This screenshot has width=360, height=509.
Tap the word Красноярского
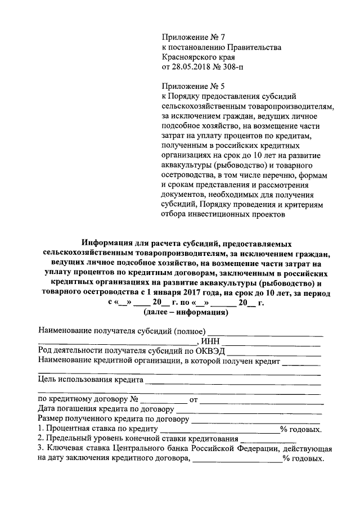189,57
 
